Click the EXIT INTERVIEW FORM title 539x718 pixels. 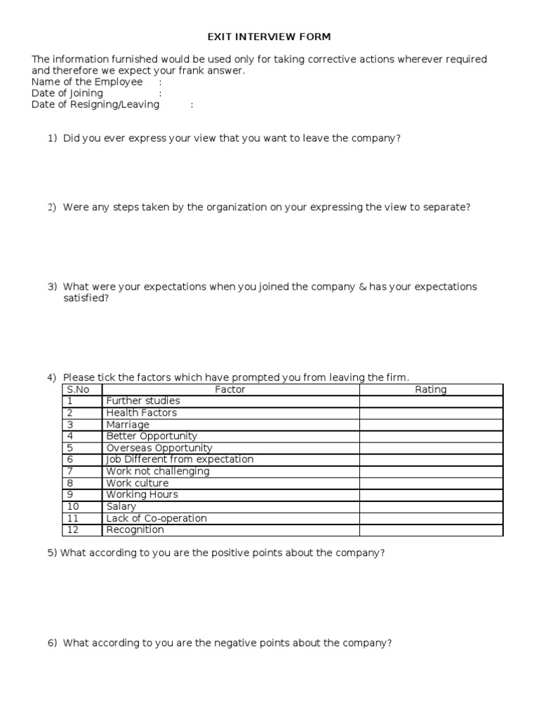coord(268,36)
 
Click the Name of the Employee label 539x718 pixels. coord(87,82)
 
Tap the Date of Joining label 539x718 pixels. coord(67,93)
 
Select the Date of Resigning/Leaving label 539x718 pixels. coord(95,104)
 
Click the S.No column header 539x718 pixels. coord(79,390)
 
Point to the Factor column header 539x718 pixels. coord(230,390)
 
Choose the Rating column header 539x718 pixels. coord(431,390)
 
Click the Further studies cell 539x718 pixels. coord(143,401)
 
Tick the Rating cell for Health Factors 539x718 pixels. coord(431,413)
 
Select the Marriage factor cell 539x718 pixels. coord(128,425)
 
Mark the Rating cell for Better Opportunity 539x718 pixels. coord(431,436)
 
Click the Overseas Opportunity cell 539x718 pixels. coord(159,448)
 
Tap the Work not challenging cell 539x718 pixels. coord(158,471)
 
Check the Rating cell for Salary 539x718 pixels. coord(431,506)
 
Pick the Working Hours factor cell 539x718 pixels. coord(142,495)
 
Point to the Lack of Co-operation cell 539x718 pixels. coord(157,518)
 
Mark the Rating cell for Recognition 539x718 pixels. coord(431,530)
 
